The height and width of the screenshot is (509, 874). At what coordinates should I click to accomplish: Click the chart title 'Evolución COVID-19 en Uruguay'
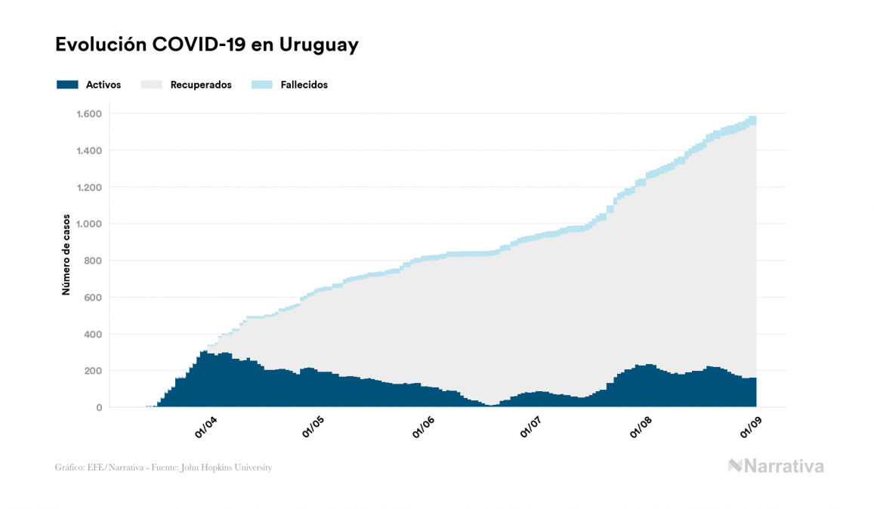point(206,45)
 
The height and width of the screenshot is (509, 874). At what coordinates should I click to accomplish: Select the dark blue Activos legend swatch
point(67,85)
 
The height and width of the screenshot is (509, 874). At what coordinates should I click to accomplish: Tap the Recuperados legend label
point(201,85)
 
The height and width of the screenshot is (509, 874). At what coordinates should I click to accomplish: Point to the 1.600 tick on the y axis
point(88,114)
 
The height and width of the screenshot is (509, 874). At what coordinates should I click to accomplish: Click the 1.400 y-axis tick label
point(88,151)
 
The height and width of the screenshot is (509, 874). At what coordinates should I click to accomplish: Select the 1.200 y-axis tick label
point(88,187)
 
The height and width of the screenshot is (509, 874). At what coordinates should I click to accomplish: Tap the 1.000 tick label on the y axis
point(88,224)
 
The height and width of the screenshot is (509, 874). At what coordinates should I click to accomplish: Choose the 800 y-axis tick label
point(94,261)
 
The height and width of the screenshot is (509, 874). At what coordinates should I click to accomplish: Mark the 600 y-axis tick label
point(94,298)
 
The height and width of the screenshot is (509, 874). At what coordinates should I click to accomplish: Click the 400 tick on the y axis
point(94,334)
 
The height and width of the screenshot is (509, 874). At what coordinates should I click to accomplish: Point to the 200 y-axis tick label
point(94,371)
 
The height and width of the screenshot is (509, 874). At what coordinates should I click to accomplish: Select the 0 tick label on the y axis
point(99,408)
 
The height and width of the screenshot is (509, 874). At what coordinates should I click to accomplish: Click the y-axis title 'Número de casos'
point(66,254)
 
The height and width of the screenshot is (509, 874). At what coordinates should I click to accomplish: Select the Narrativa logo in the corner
point(776,466)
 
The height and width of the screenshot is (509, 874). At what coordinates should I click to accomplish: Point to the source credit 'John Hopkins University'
point(234,467)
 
